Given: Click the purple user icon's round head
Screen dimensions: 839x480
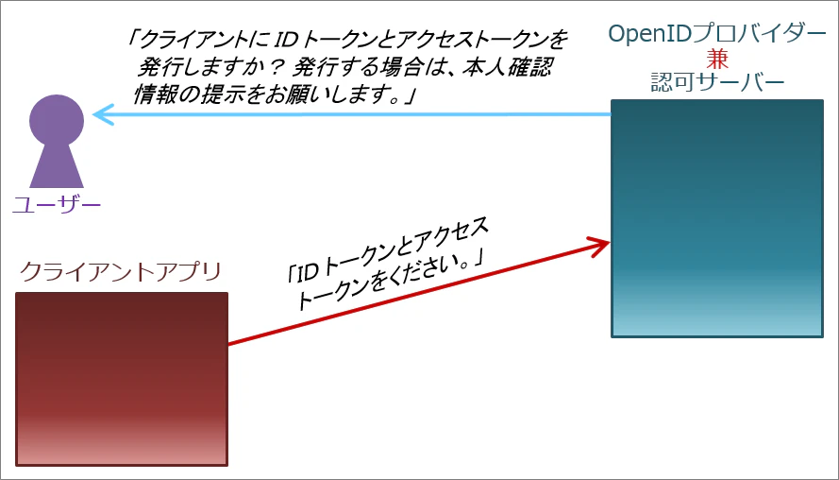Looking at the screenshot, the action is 57,122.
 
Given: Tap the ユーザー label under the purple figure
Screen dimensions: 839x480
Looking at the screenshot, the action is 57,205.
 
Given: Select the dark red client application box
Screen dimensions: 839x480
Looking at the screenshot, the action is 122,379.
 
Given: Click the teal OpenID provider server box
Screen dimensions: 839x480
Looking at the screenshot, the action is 717,218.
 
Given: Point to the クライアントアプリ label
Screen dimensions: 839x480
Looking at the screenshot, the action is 121,272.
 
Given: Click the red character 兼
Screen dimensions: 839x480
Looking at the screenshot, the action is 717,59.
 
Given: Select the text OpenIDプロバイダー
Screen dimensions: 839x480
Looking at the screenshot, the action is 717,34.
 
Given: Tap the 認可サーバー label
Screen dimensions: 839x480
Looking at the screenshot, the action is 717,82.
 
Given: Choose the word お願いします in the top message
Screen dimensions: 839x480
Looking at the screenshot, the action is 338,95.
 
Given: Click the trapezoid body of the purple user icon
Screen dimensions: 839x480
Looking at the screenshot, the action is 57,166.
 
